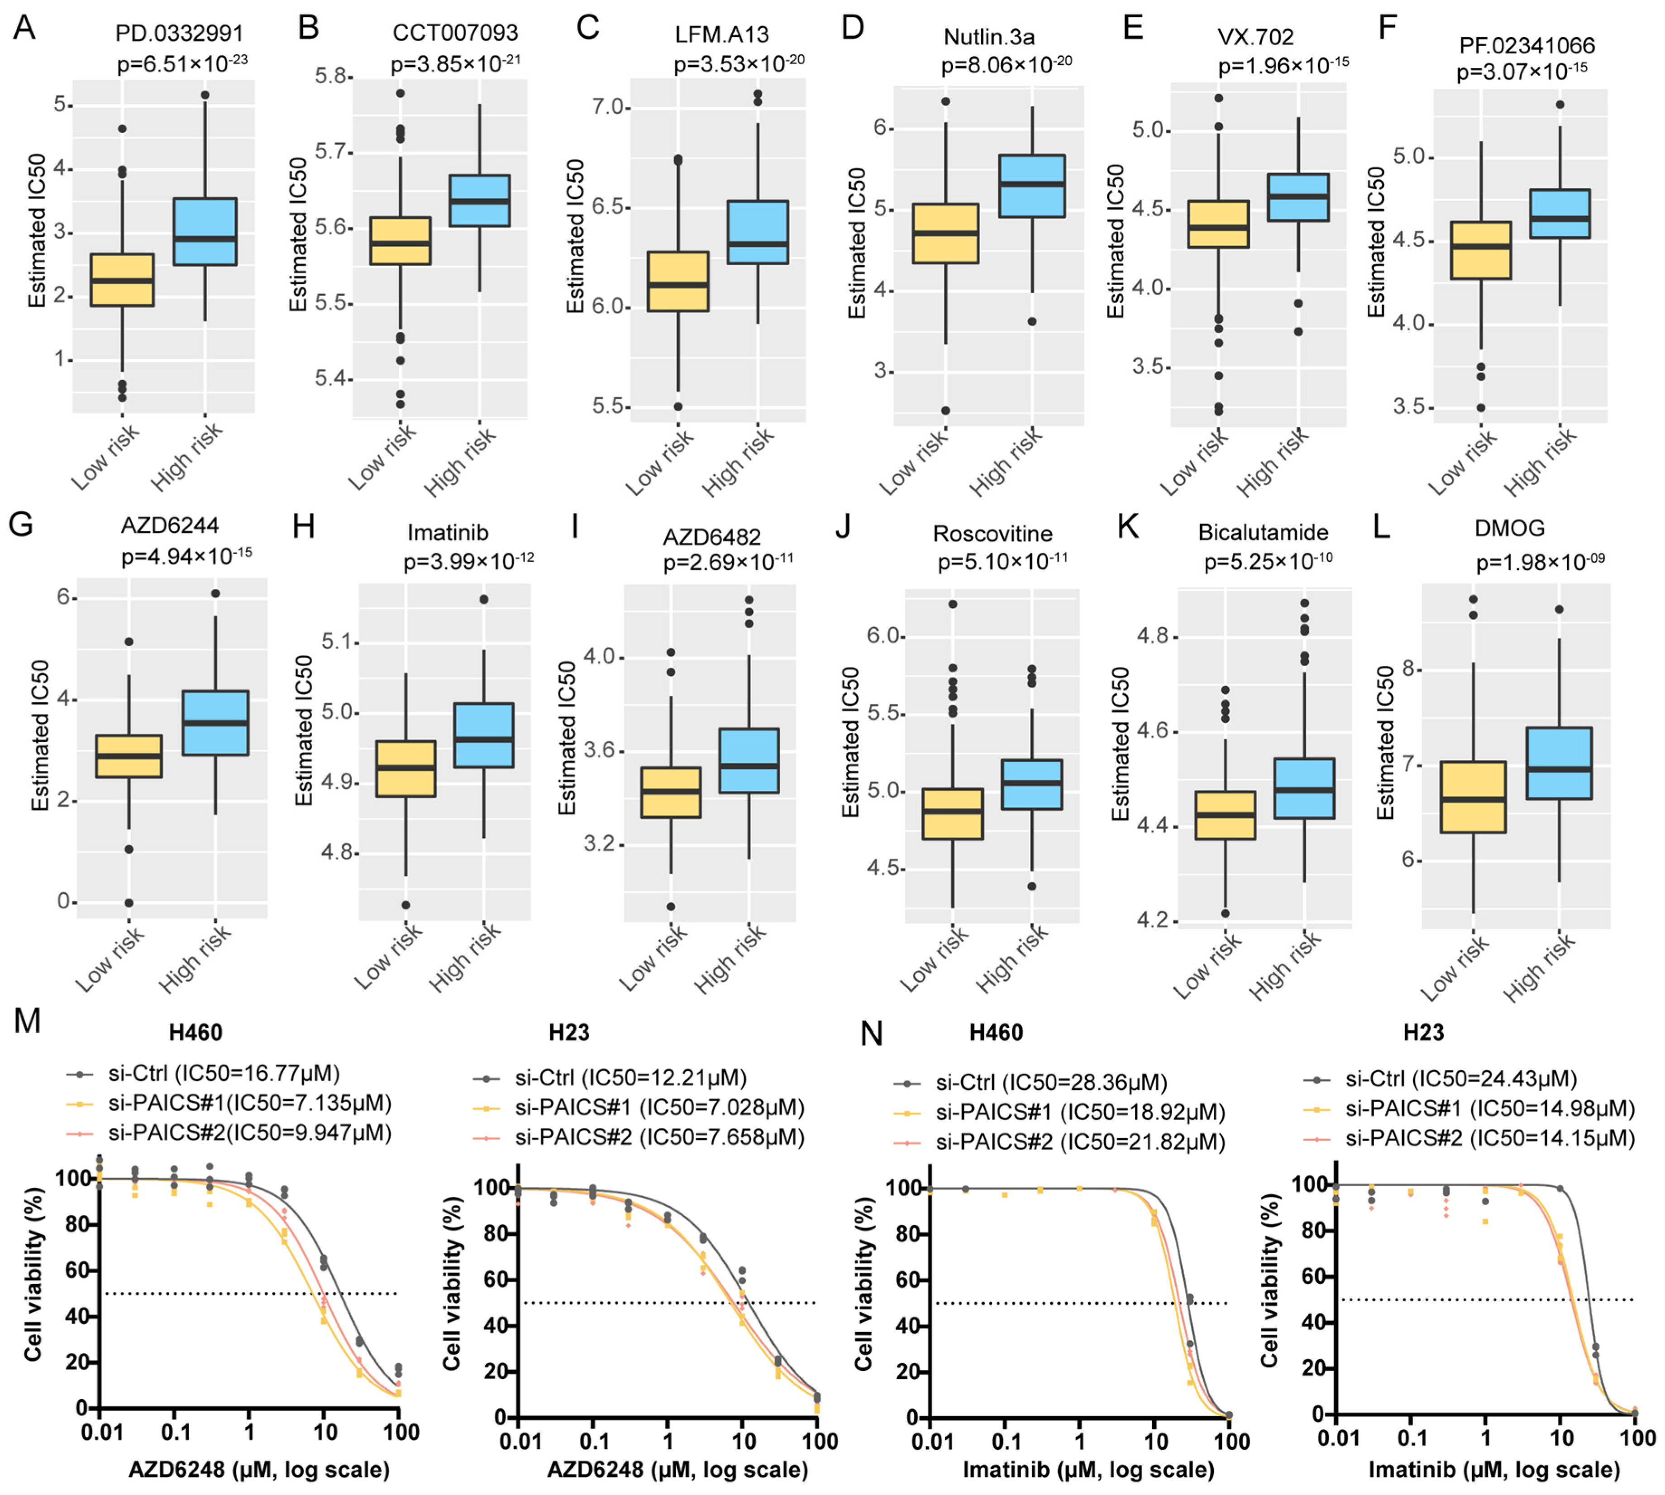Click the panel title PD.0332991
click(179, 33)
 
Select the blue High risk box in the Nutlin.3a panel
click(1032, 186)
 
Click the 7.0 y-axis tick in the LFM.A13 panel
click(609, 108)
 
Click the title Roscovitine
click(992, 534)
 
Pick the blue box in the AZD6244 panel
click(215, 723)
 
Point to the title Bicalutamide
click(1263, 532)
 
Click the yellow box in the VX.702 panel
click(1218, 224)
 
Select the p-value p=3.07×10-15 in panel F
click(1521, 72)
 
